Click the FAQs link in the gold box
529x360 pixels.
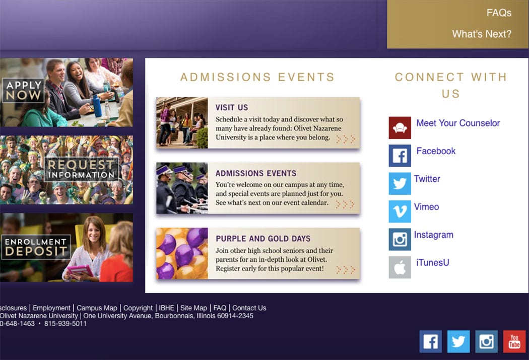pyautogui.click(x=499, y=13)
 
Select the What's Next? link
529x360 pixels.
pyautogui.click(x=482, y=34)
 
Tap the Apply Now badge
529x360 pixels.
pyautogui.click(x=23, y=90)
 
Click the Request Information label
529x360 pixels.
pyautogui.click(x=81, y=169)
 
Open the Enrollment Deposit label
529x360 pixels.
pyautogui.click(x=36, y=247)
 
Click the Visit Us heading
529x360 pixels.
pyautogui.click(x=232, y=108)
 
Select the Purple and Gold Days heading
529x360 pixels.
pyautogui.click(x=263, y=239)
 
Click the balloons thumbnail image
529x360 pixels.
pyautogui.click(x=182, y=253)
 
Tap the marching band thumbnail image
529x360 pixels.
pyautogui.click(x=182, y=188)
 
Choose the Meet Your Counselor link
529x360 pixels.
pyautogui.click(x=458, y=123)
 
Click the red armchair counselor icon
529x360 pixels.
pyautogui.click(x=400, y=128)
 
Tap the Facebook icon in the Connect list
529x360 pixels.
pyautogui.click(x=400, y=156)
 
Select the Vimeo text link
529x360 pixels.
pyautogui.click(x=426, y=206)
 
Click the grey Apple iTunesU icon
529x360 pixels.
pyautogui.click(x=400, y=267)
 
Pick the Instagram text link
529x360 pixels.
pyautogui.click(x=433, y=235)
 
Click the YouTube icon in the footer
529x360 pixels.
pyautogui.click(x=514, y=341)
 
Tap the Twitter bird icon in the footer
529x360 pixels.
pyautogui.click(x=458, y=341)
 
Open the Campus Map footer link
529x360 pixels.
pyautogui.click(x=97, y=308)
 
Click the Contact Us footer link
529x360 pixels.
pyautogui.click(x=249, y=308)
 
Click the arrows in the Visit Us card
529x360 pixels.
pyautogui.click(x=346, y=139)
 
